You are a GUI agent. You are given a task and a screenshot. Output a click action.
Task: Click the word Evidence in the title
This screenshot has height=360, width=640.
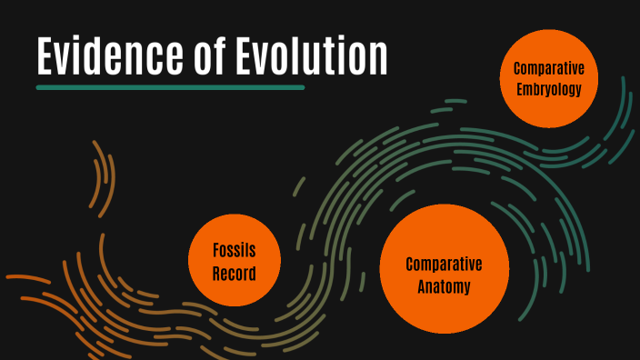115,56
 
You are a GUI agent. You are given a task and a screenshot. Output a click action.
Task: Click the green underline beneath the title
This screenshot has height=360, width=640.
170,87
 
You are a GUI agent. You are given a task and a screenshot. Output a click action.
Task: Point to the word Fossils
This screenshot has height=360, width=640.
234,250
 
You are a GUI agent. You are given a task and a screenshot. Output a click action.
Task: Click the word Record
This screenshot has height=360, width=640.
234,273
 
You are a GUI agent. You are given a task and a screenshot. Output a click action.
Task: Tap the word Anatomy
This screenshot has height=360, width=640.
444,287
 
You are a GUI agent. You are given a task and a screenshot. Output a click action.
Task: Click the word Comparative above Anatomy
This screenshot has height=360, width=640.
444,265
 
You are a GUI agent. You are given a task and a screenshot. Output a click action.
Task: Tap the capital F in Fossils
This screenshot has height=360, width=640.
217,250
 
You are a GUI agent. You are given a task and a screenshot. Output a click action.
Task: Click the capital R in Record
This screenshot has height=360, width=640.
216,273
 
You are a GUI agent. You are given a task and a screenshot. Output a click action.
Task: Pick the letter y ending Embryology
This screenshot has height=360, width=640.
576,91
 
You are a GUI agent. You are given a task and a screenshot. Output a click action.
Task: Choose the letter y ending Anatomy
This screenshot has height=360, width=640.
465,289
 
